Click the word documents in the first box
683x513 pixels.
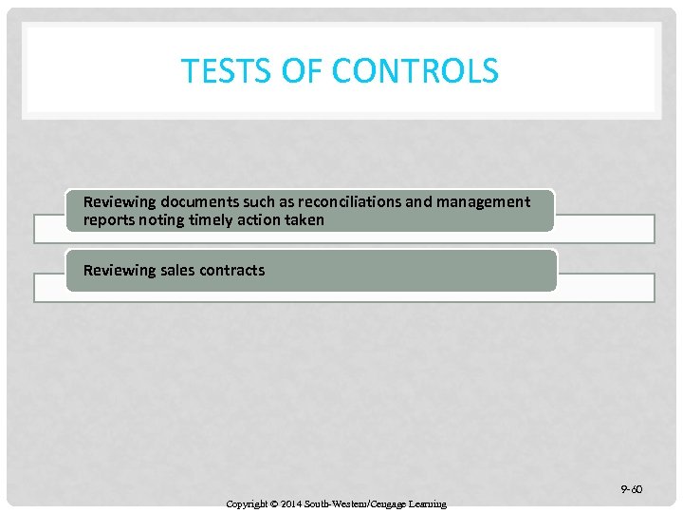click(194, 201)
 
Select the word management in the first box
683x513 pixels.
click(483, 201)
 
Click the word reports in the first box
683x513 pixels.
click(109, 219)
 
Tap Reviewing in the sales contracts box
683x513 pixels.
click(119, 270)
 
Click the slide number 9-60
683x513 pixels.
click(631, 489)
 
